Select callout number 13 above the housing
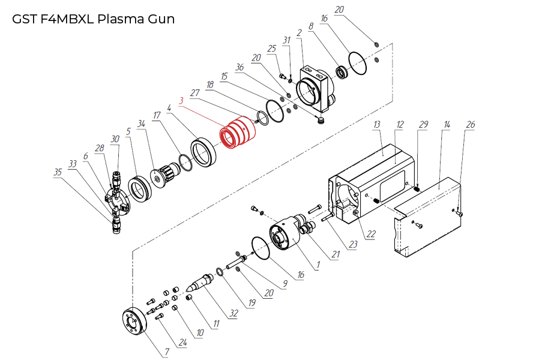pyautogui.click(x=377, y=124)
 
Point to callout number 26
pyautogui.click(x=471, y=125)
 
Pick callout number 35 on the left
pyautogui.click(x=58, y=172)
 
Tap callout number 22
pyautogui.click(x=372, y=235)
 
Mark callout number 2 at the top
pyautogui.click(x=299, y=32)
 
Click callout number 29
pyautogui.click(x=424, y=124)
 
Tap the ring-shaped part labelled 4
pyautogui.click(x=203, y=152)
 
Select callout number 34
pyautogui.click(x=142, y=124)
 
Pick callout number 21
pyautogui.click(x=336, y=254)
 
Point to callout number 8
pyautogui.click(x=311, y=26)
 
